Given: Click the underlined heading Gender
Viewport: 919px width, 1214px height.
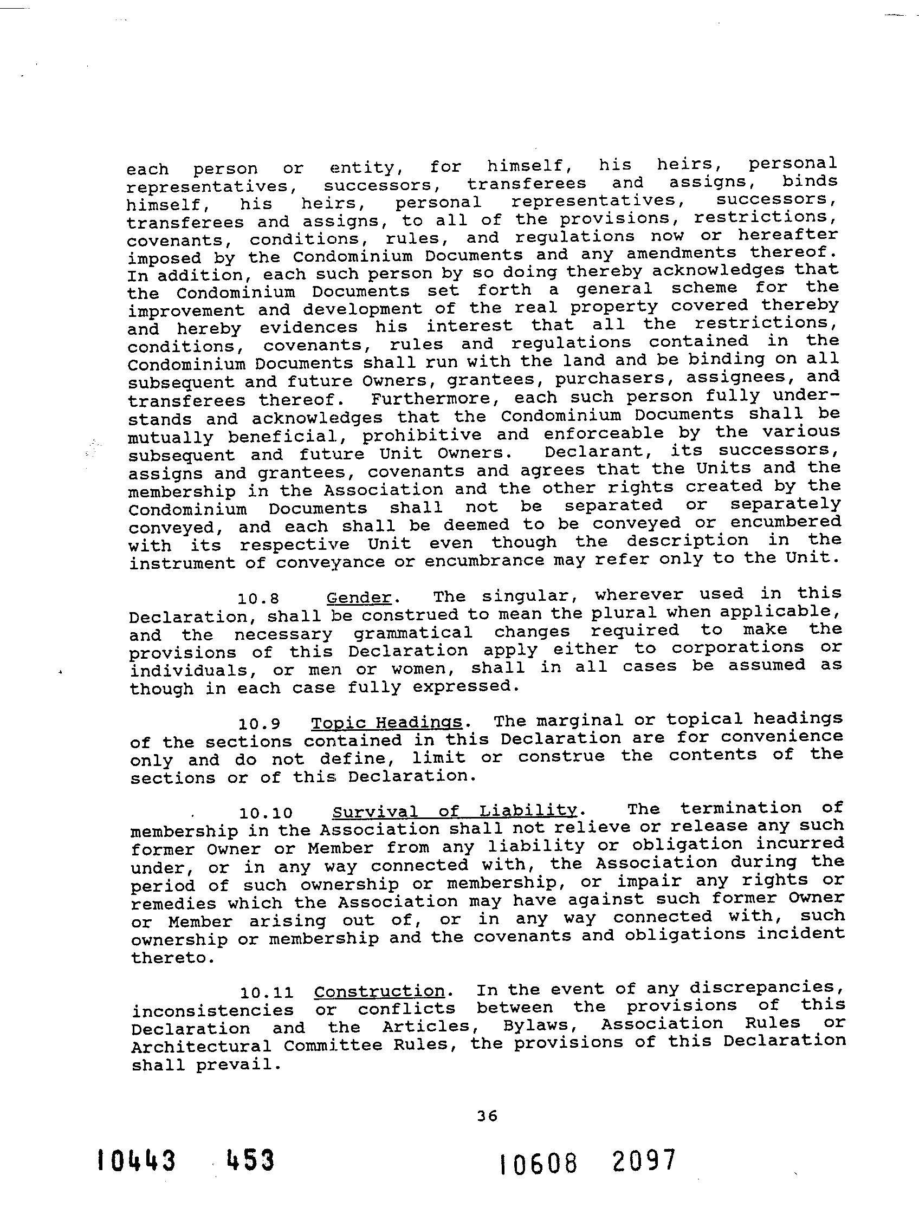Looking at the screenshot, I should click(x=359, y=597).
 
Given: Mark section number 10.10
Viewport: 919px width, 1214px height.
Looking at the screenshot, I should click(x=266, y=813).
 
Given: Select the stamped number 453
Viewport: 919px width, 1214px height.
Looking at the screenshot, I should click(x=250, y=1161).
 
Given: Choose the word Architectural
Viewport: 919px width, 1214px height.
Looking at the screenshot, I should click(x=201, y=1046).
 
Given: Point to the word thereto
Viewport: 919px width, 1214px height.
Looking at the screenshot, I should click(x=170, y=957).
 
